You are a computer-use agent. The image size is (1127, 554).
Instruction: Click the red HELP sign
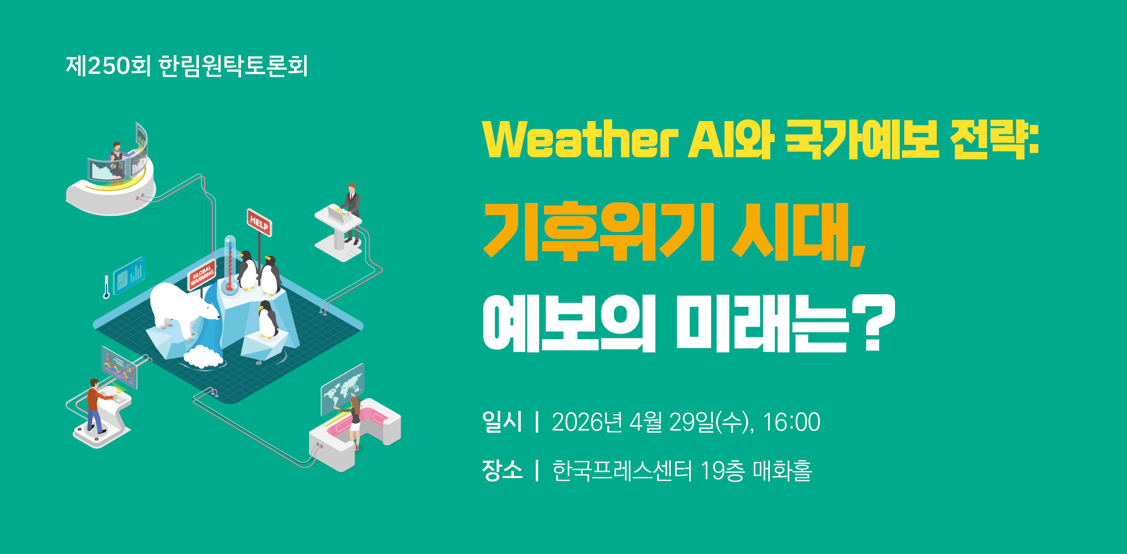coord(260,223)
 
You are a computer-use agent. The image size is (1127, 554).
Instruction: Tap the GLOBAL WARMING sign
coord(202,275)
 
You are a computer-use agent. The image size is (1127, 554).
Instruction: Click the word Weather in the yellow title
coord(580,139)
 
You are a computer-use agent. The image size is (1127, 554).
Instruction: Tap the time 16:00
coord(791,422)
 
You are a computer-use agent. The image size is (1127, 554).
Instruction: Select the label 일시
coord(502,422)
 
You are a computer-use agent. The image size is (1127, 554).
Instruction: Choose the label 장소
coord(502,470)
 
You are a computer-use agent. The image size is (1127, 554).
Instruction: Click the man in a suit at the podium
coord(351,213)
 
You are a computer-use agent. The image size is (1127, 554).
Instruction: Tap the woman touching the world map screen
coord(354,421)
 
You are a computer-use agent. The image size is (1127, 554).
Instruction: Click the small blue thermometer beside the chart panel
coord(106,287)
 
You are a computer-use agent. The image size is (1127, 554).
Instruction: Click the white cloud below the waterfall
coord(204,356)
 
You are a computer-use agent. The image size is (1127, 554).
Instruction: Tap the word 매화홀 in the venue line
coord(782,471)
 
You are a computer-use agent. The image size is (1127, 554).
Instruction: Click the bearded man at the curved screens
coord(116,161)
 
